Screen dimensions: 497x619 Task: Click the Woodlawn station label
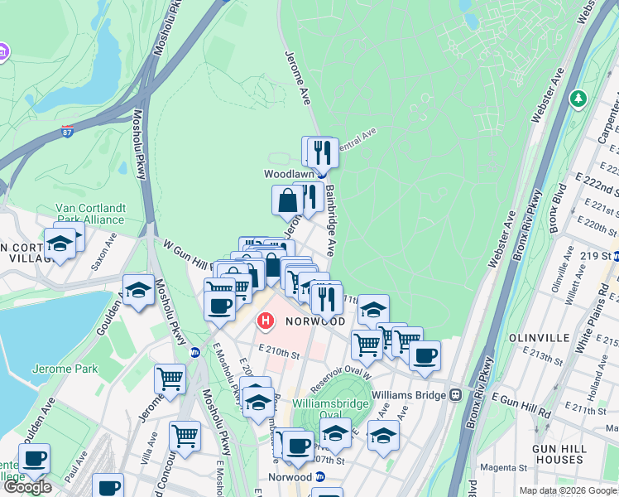(287, 174)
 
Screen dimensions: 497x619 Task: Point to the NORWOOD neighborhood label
(315, 321)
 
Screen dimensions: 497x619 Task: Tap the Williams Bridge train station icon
(455, 395)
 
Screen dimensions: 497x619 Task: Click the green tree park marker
(578, 99)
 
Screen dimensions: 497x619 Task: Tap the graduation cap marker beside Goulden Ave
(138, 290)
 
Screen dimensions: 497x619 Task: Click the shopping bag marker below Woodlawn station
(287, 200)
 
